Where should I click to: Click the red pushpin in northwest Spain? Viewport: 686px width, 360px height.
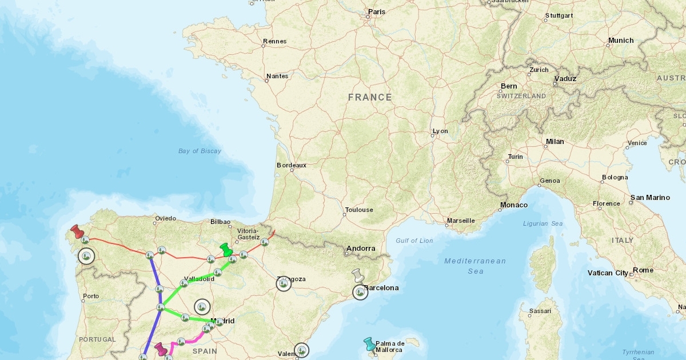[x=76, y=231]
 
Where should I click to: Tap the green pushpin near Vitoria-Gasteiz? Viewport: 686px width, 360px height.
[x=226, y=250]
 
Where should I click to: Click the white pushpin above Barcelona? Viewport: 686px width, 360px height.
[x=358, y=275]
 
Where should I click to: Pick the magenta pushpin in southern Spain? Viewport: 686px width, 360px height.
[x=161, y=349]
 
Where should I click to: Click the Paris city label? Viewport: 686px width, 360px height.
[x=377, y=11]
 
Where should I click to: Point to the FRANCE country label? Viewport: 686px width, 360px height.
[x=370, y=97]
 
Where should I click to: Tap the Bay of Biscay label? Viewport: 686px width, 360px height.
[x=200, y=151]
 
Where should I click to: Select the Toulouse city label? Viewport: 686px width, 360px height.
[x=359, y=210]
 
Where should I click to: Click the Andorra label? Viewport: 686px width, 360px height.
[x=361, y=248]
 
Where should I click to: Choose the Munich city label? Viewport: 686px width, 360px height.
[x=621, y=41]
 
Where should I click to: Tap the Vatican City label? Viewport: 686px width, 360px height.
[x=608, y=273]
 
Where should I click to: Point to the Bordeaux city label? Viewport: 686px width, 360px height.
[x=292, y=165]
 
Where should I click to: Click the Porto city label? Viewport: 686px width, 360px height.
[x=90, y=297]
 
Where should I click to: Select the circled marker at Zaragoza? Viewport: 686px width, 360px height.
[x=284, y=283]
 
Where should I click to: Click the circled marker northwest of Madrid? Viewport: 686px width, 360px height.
[x=202, y=307]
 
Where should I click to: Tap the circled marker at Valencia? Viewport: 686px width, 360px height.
[x=302, y=350]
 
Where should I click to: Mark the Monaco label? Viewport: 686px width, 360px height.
[x=513, y=205]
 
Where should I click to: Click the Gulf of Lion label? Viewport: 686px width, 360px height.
[x=414, y=241]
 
